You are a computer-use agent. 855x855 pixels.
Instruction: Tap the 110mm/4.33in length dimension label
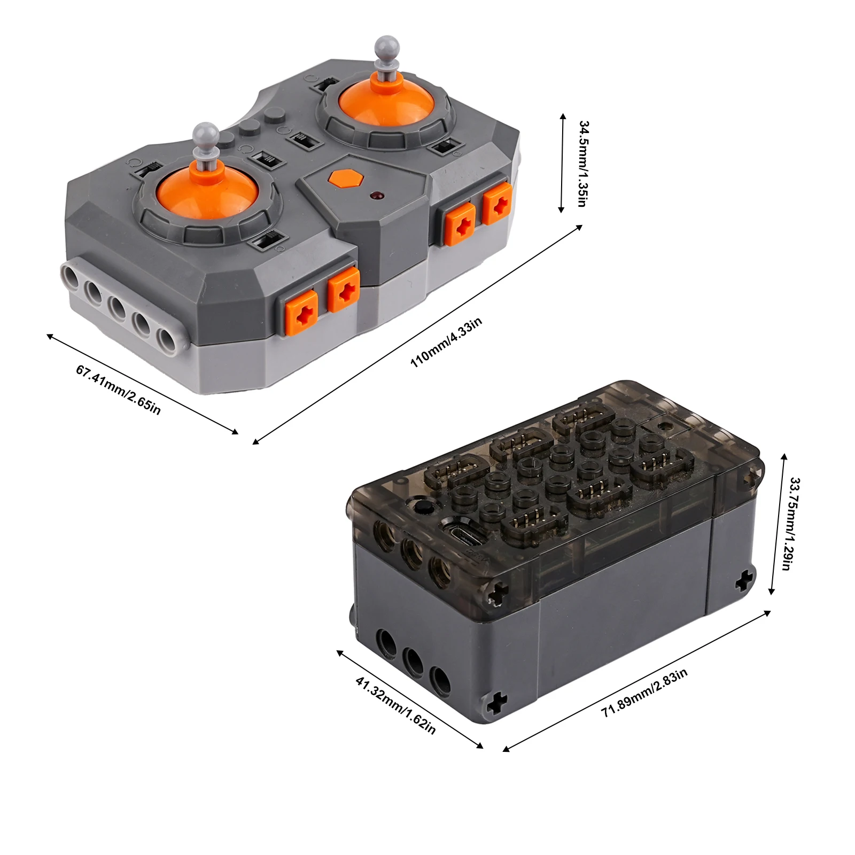click(446, 342)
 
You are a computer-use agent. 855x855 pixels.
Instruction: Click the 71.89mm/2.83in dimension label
click(644, 693)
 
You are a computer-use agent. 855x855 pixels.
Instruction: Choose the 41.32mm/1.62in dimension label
click(395, 705)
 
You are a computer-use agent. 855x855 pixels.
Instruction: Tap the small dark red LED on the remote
click(378, 196)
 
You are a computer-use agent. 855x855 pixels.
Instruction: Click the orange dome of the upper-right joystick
click(386, 102)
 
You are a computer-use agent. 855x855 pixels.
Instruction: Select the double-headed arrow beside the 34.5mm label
click(562, 163)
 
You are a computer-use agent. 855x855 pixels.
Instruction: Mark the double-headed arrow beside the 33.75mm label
click(778, 524)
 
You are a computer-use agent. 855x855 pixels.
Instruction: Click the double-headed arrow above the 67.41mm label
click(142, 384)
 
